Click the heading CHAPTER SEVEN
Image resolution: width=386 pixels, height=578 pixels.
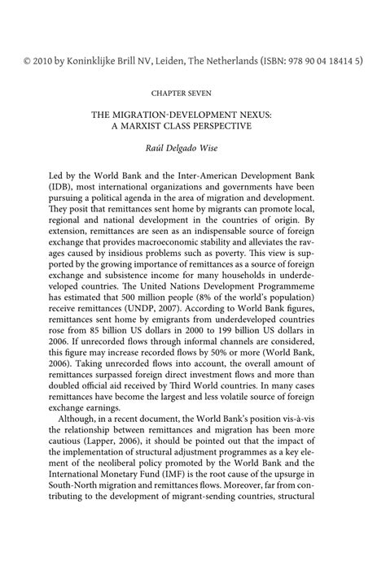pos(192,93)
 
